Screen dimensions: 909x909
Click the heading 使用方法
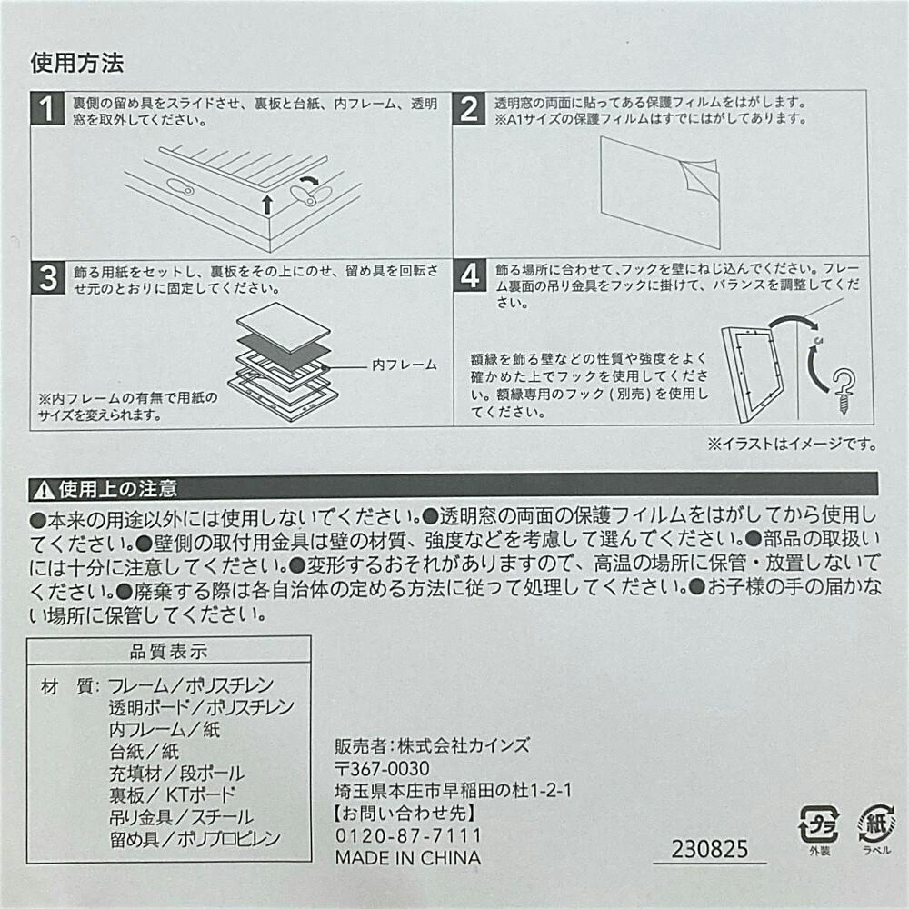click(x=77, y=63)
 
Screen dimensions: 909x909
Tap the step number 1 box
click(x=47, y=108)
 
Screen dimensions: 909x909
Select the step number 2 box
click(x=469, y=108)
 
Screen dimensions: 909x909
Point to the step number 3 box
click(x=48, y=277)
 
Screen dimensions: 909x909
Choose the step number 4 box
click(x=470, y=275)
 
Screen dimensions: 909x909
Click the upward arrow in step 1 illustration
click(x=266, y=205)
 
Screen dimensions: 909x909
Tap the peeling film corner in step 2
click(x=699, y=176)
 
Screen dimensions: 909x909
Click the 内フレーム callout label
click(x=405, y=365)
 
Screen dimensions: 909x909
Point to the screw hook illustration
click(x=844, y=391)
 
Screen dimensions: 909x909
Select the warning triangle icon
click(x=44, y=491)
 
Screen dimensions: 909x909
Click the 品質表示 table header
click(x=168, y=651)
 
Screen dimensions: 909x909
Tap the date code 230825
click(x=710, y=849)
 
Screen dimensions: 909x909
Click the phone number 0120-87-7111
click(x=409, y=835)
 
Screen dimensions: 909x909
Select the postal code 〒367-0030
click(x=382, y=769)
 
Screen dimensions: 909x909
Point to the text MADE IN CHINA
click(x=408, y=857)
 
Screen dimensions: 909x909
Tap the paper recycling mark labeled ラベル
click(x=876, y=828)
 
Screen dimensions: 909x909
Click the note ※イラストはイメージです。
click(x=792, y=445)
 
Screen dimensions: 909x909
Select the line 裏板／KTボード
click(x=172, y=794)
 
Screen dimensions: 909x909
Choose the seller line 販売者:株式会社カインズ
click(x=433, y=745)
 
